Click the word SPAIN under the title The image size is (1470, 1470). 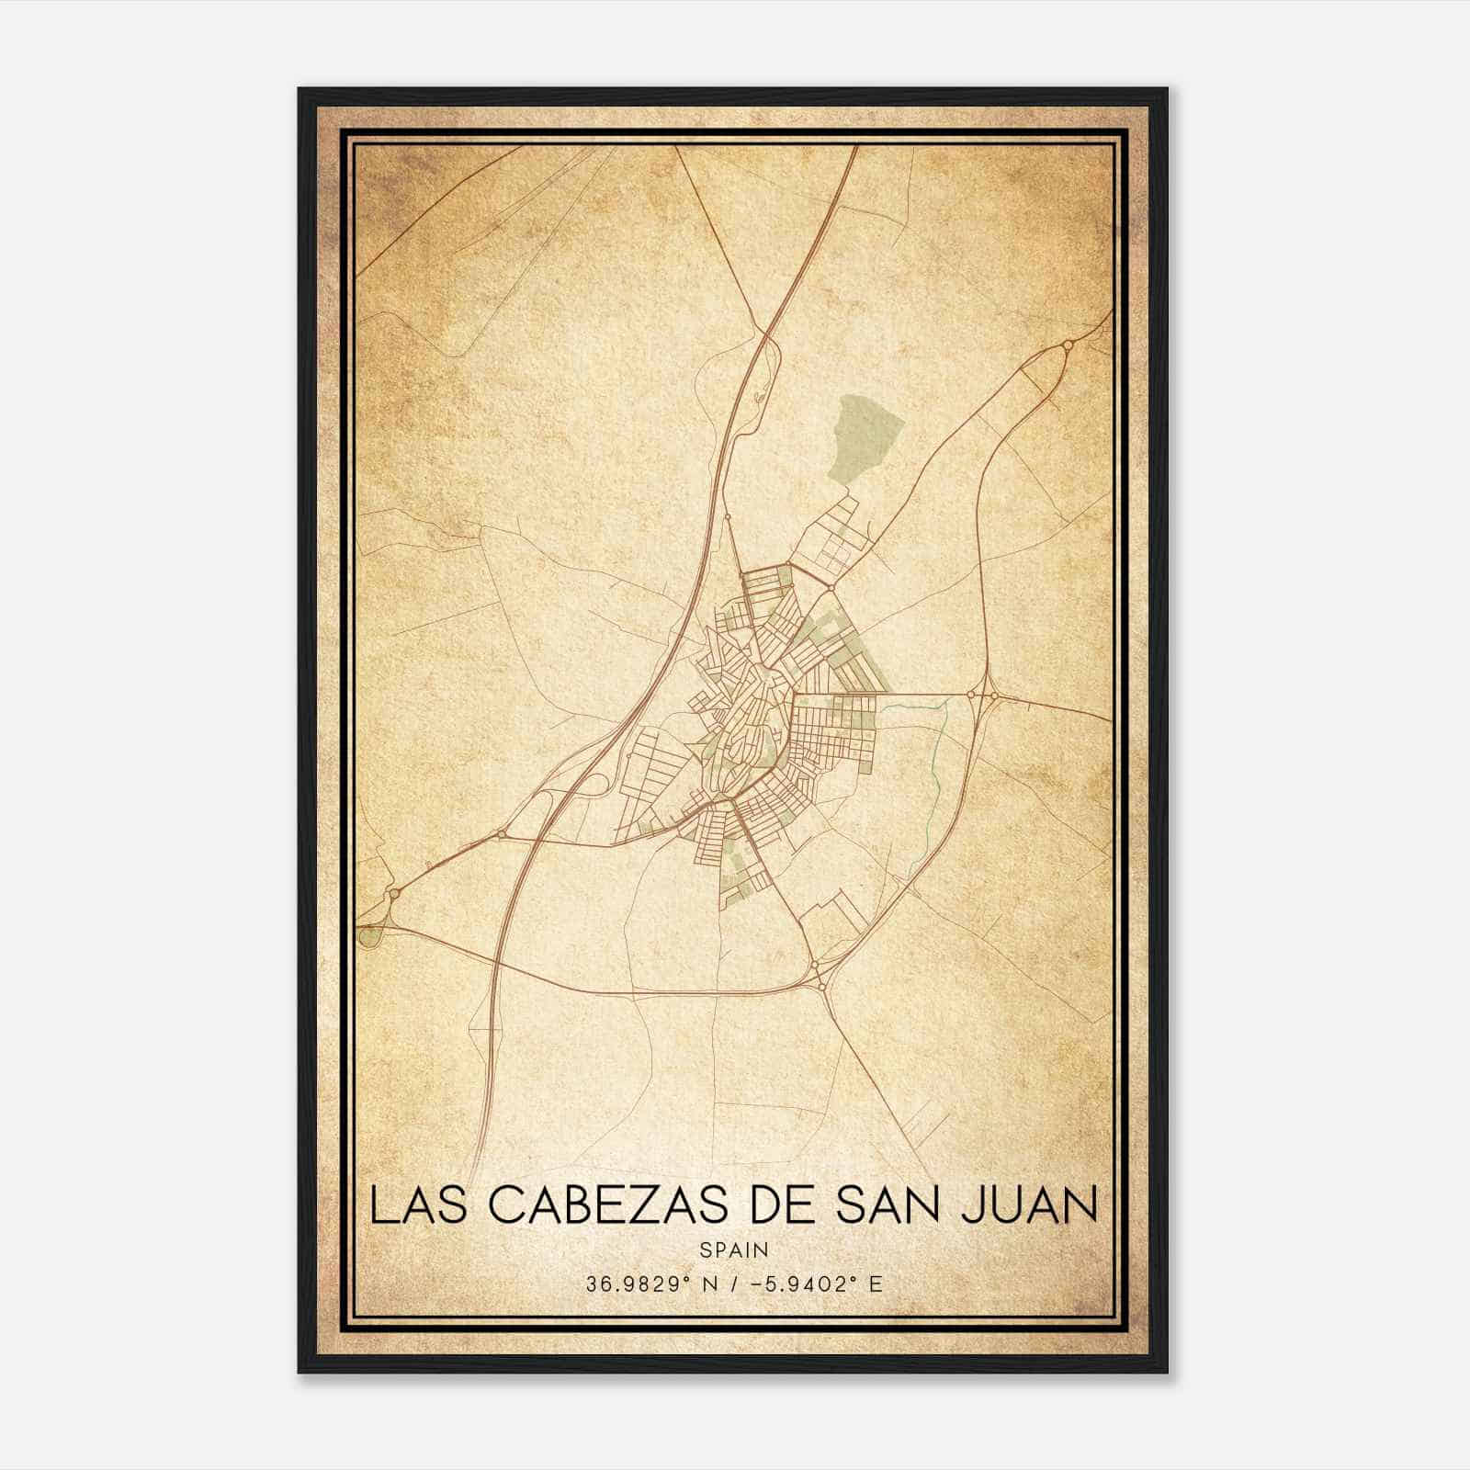point(734,1249)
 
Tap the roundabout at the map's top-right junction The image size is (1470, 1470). point(1068,345)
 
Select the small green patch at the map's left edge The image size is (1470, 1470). point(369,937)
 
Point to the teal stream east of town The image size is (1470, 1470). point(937,753)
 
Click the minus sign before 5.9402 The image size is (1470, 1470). point(756,1284)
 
